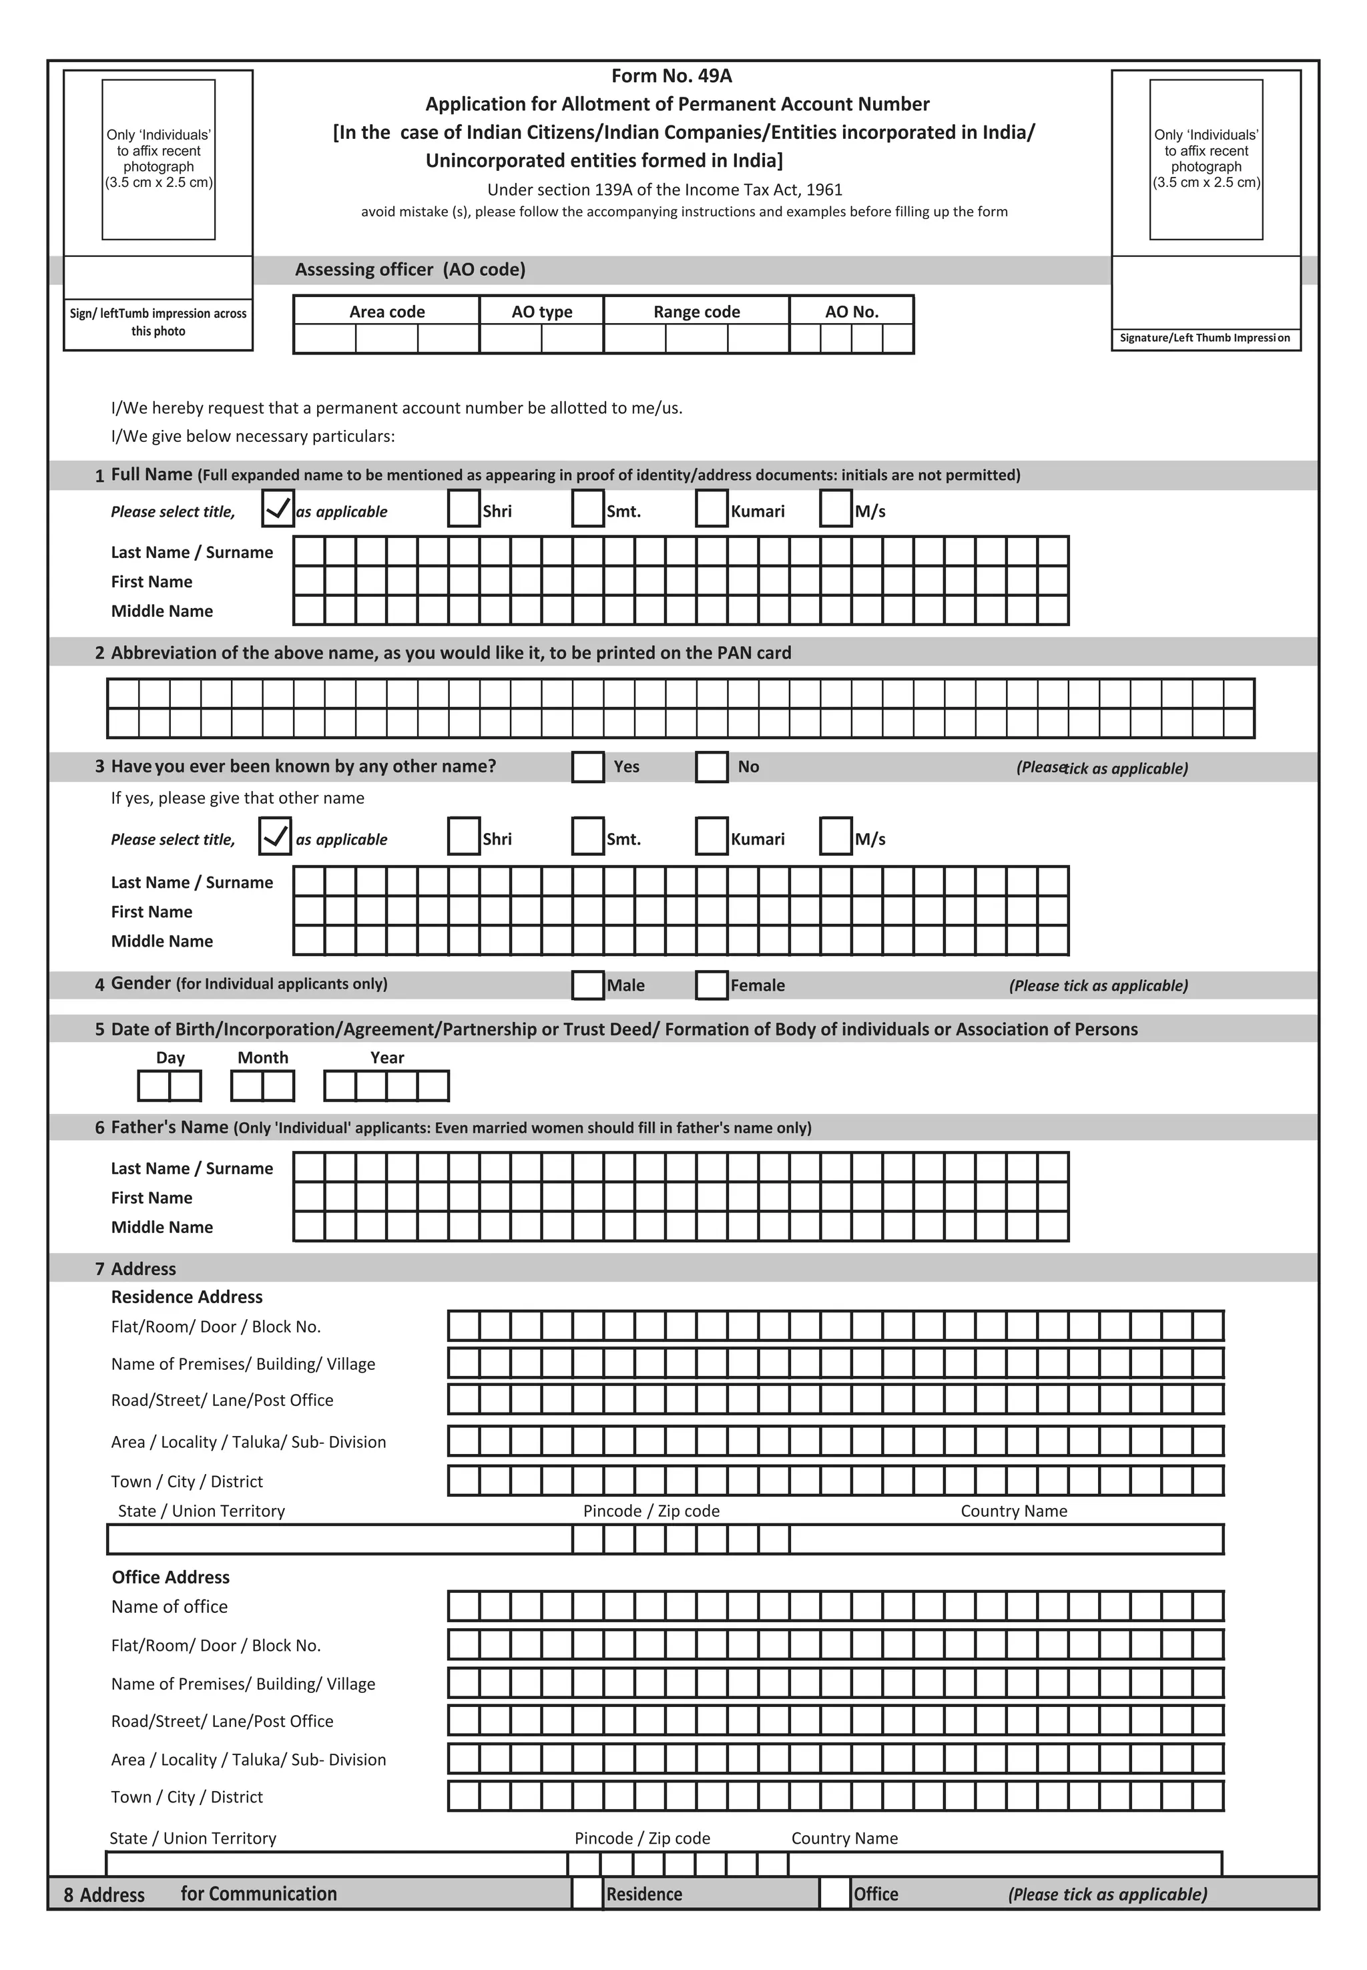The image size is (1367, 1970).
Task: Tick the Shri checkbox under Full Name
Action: (463, 509)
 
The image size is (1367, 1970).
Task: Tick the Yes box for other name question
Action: (587, 766)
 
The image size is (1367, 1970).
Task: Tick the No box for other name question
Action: (711, 766)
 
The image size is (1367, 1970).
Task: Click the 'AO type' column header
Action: (541, 312)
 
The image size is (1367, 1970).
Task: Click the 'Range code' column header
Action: (696, 312)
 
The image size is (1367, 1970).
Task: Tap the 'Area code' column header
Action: (386, 312)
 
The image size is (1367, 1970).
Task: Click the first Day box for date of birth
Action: (154, 1085)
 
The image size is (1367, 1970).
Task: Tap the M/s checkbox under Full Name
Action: (835, 509)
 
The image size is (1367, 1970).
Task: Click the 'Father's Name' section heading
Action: (169, 1126)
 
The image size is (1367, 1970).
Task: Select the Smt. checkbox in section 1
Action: (587, 509)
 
